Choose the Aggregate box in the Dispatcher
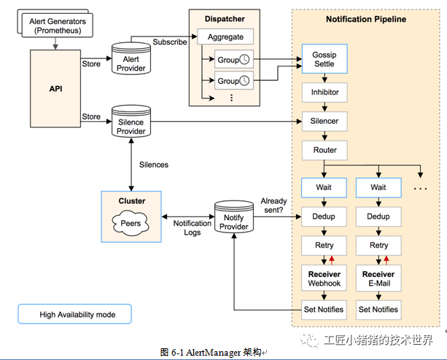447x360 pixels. pyautogui.click(x=225, y=36)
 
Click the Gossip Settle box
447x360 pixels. pyautogui.click(x=324, y=58)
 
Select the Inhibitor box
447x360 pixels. pyautogui.click(x=324, y=93)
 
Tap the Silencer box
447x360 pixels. pyautogui.click(x=324, y=121)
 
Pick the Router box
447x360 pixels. pyautogui.click(x=324, y=150)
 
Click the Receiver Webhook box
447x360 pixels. pyautogui.click(x=324, y=278)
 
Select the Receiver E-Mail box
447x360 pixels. pyautogui.click(x=378, y=278)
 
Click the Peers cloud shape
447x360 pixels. pyautogui.click(x=131, y=222)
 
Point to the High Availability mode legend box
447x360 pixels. pyautogui.click(x=76, y=315)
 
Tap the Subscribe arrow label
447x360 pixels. pyautogui.click(x=169, y=42)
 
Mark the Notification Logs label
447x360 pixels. pyautogui.click(x=192, y=227)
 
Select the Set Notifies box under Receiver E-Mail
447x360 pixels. pyautogui.click(x=378, y=309)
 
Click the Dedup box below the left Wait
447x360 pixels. pyautogui.click(x=324, y=216)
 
